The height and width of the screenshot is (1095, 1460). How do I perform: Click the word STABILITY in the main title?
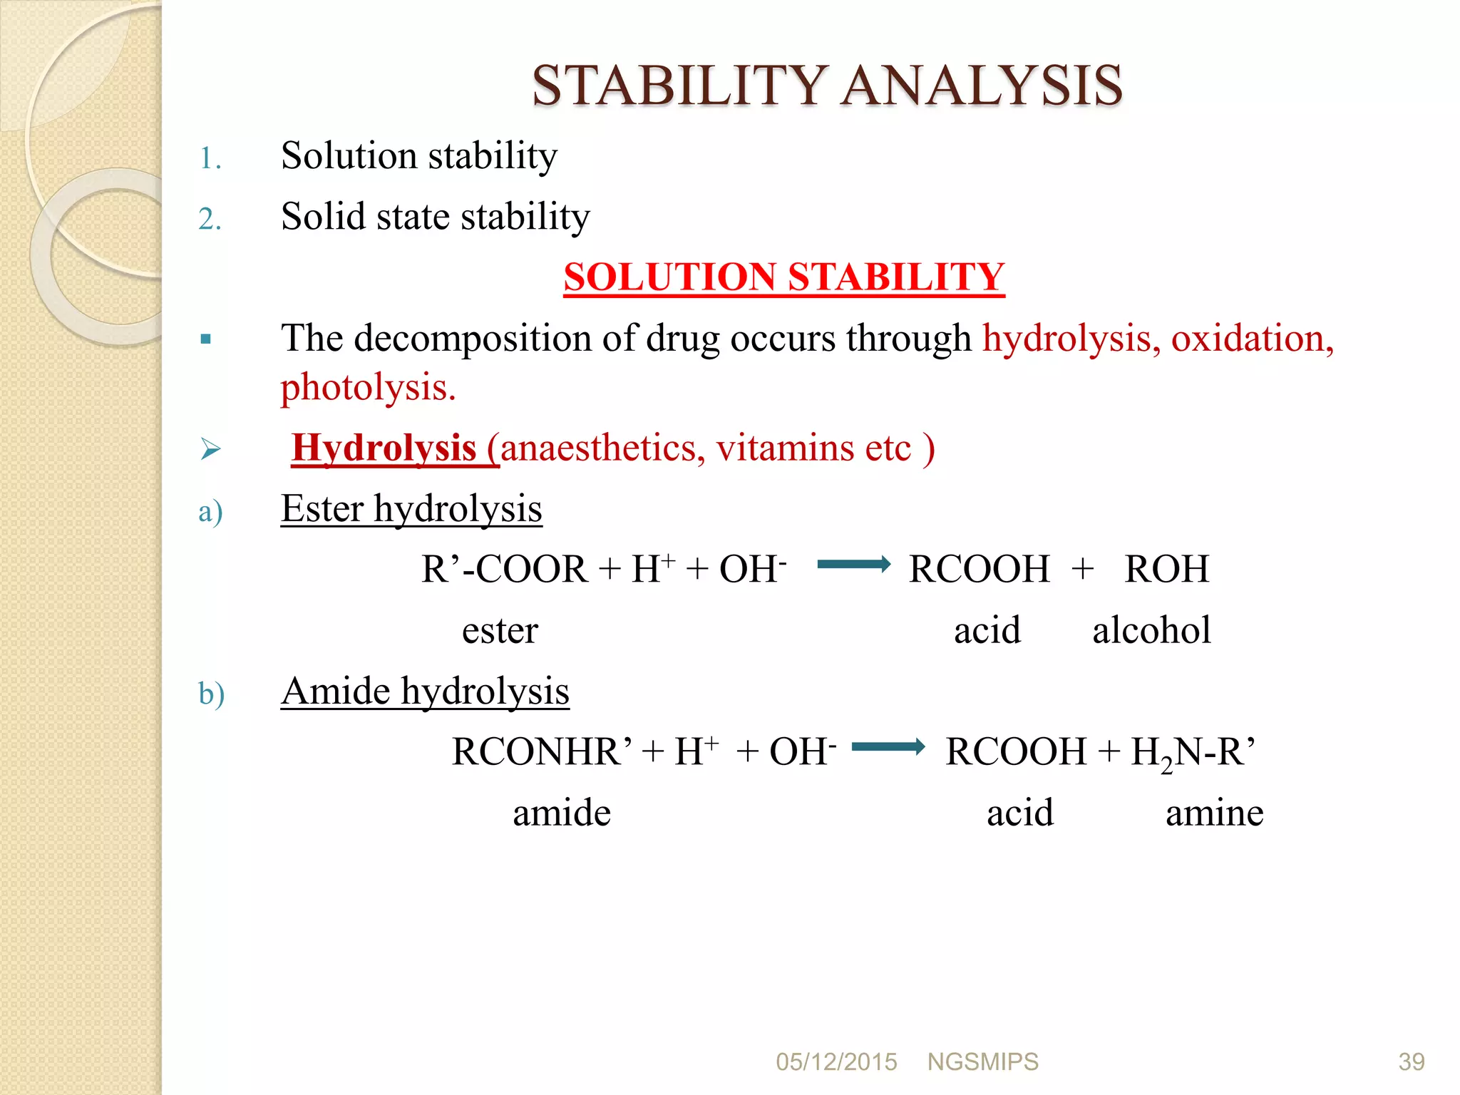[x=680, y=86]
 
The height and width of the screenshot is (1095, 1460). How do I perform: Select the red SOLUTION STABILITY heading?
[x=783, y=277]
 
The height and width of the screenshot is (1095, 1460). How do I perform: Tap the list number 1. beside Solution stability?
[x=210, y=158]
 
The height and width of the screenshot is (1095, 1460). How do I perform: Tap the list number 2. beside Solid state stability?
[x=210, y=219]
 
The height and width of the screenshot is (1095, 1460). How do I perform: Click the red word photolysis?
[x=367, y=388]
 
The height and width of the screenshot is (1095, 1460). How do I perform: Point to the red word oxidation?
[x=1252, y=338]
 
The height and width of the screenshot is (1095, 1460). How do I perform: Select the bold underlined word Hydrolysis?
[x=384, y=448]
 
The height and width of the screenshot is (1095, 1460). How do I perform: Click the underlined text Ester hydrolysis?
[x=411, y=509]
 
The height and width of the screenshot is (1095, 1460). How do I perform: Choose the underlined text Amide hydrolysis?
[x=425, y=692]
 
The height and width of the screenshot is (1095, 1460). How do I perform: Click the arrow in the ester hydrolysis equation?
[x=853, y=565]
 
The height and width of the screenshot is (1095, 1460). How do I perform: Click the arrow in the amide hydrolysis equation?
[x=888, y=747]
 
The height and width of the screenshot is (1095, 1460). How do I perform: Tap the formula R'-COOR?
[x=504, y=570]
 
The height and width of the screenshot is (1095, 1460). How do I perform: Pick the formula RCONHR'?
[x=542, y=752]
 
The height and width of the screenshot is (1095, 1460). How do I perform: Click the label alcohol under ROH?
[x=1151, y=630]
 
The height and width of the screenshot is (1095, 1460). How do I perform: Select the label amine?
[x=1214, y=813]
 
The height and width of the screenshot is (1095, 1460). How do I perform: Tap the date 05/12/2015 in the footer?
[x=836, y=1062]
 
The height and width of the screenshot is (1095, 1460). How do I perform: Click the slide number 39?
[x=1411, y=1062]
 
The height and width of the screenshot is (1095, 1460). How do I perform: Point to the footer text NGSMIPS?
[x=982, y=1062]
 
